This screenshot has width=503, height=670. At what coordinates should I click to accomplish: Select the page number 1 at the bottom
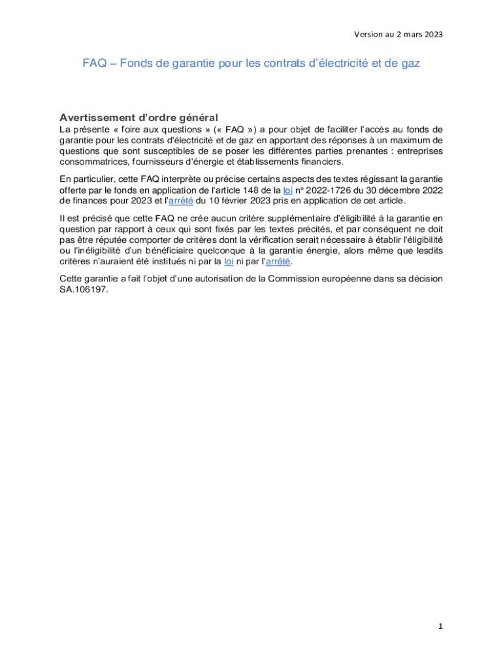pos(440,626)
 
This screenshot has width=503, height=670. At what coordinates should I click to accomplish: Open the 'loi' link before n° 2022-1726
pos(287,190)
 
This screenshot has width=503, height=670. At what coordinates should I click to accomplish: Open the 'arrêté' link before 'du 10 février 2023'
pos(181,200)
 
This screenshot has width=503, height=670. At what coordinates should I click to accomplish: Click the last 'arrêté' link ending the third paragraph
pos(278,262)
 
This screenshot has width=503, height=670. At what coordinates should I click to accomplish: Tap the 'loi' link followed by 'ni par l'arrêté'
pos(229,262)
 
